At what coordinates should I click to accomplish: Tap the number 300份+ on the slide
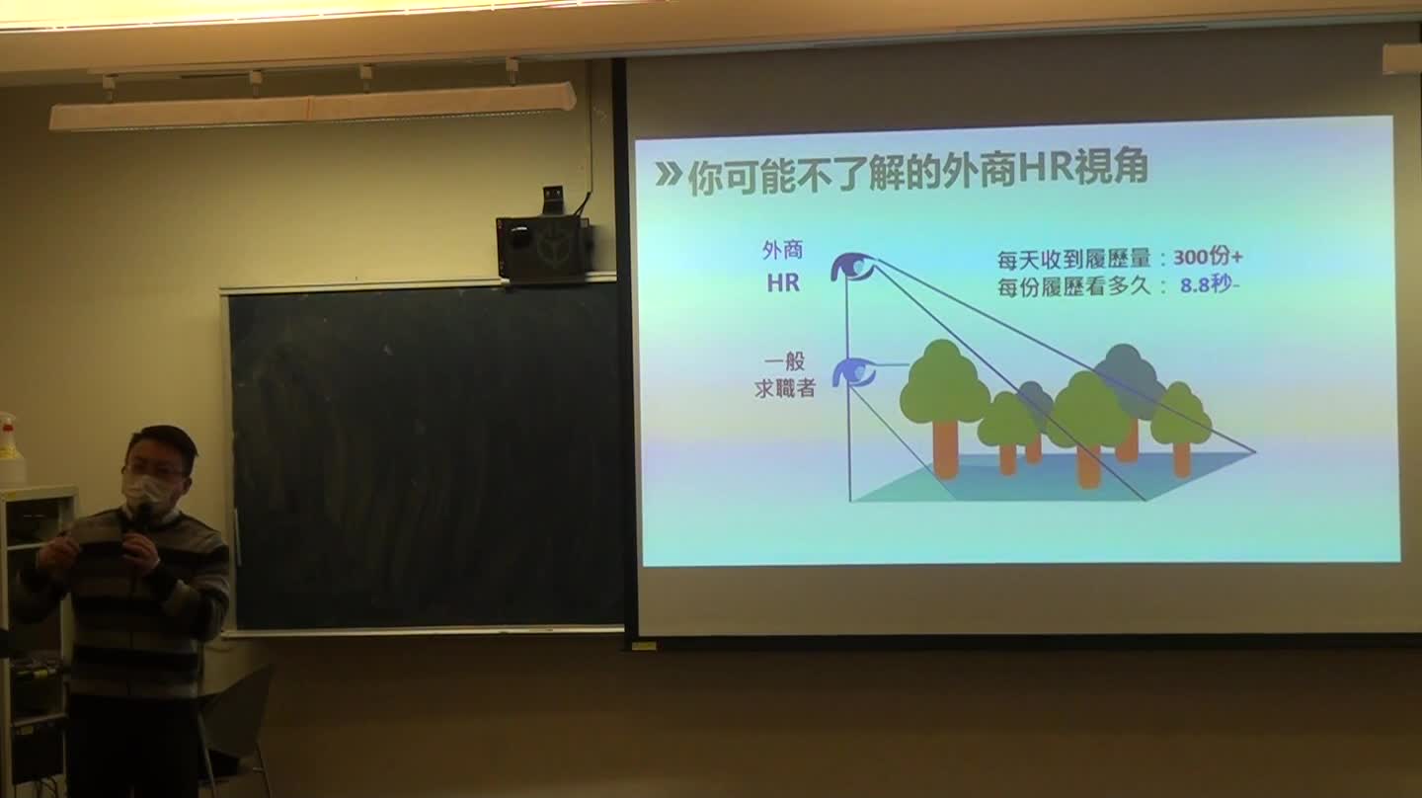(1208, 257)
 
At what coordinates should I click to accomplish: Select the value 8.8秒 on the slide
(1206, 285)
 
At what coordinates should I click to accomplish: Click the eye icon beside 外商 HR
(852, 267)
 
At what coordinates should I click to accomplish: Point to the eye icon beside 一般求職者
(854, 372)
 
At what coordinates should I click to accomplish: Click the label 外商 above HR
(782, 250)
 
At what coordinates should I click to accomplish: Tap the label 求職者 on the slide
(785, 388)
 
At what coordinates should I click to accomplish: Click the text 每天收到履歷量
(1073, 259)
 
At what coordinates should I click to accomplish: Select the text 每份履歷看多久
(1073, 287)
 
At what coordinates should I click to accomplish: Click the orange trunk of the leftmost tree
(945, 448)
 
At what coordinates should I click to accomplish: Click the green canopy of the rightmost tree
(1180, 415)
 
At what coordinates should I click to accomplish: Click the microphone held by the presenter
(144, 517)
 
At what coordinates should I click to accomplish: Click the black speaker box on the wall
(545, 249)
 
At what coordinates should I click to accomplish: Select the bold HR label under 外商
(783, 283)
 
